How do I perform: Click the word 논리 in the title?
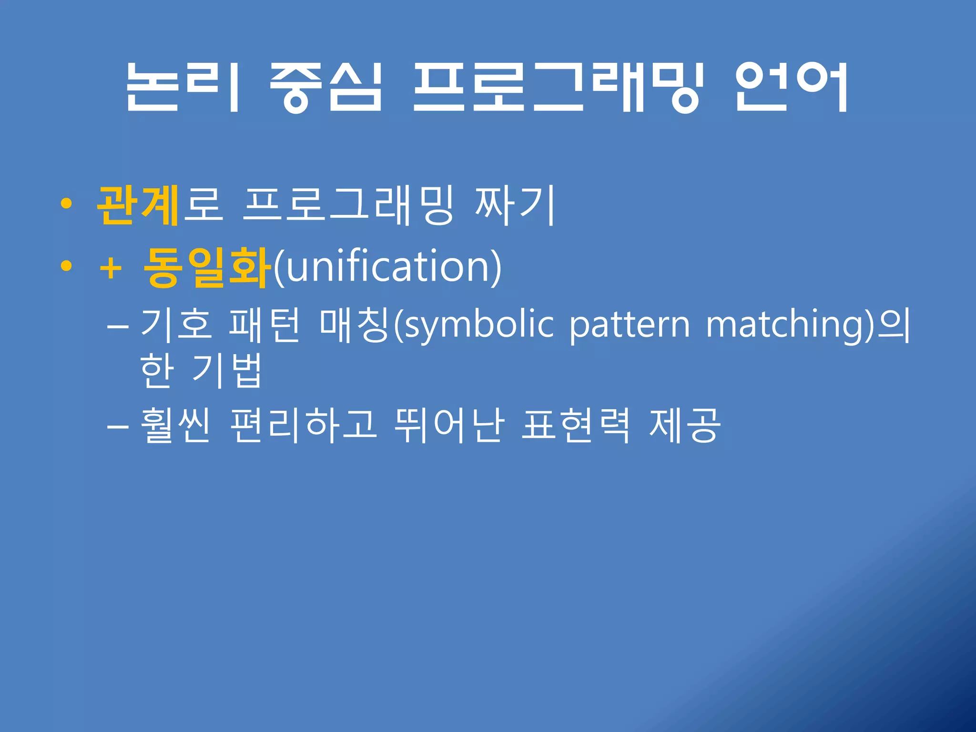pyautogui.click(x=183, y=88)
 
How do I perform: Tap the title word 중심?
pyautogui.click(x=325, y=88)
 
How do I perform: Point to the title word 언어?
pyautogui.click(x=791, y=88)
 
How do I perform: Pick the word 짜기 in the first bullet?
pyautogui.click(x=515, y=206)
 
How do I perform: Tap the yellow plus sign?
pyautogui.click(x=111, y=268)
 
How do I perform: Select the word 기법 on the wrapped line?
pyautogui.click(x=227, y=372)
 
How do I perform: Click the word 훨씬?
pyautogui.click(x=175, y=425)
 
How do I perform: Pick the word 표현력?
pyautogui.click(x=576, y=425)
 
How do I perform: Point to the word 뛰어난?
pyautogui.click(x=449, y=425)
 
